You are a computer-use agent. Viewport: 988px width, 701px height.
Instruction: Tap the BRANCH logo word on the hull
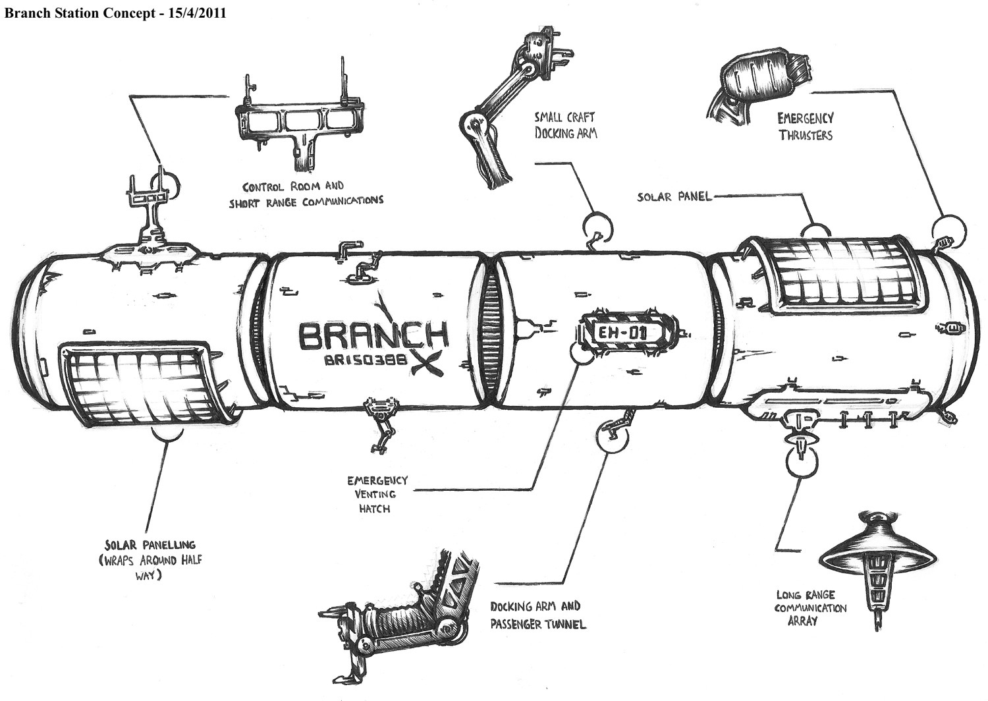[x=373, y=335]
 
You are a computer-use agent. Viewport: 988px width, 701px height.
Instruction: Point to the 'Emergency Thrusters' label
[x=805, y=126]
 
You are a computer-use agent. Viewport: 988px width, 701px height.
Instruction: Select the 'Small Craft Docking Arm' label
[x=565, y=125]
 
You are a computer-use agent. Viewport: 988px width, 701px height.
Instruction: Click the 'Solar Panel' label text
[x=674, y=196]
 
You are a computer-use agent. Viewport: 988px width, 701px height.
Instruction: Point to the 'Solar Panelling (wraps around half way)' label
[x=150, y=560]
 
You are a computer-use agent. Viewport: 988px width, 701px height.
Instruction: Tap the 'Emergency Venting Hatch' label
[x=377, y=494]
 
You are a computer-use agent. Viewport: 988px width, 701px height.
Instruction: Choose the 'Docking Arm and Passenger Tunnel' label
[x=537, y=614]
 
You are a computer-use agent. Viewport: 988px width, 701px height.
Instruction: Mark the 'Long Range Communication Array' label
[x=810, y=607]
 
